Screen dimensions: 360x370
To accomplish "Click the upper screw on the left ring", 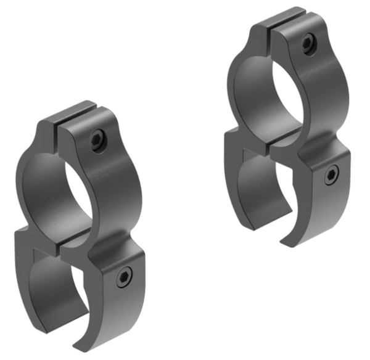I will point(97,140).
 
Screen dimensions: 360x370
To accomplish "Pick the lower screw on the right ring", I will point(331,176).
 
